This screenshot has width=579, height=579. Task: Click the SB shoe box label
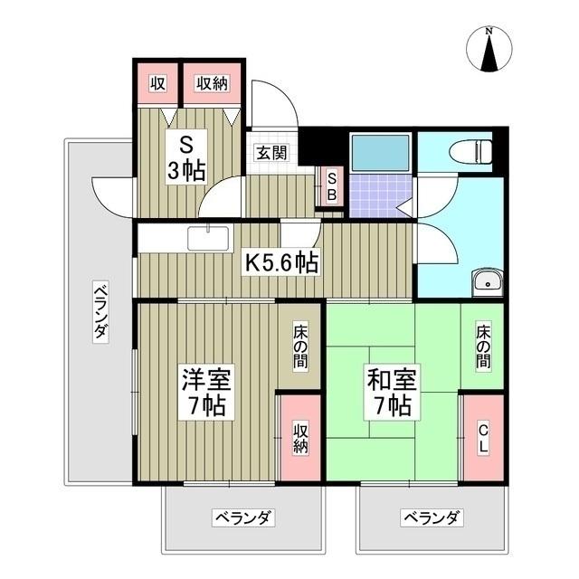tap(331, 186)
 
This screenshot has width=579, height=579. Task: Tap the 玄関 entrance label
tap(271, 153)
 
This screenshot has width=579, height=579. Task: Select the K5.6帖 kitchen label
tap(283, 262)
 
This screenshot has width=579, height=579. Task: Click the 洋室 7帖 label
tap(205, 390)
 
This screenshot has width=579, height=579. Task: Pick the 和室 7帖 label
tap(393, 391)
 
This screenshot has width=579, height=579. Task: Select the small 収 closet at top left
tap(157, 84)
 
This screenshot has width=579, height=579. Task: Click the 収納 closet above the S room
tap(213, 84)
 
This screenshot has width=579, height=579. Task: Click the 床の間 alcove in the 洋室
tap(299, 345)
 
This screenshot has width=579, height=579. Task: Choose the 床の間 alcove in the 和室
tap(483, 345)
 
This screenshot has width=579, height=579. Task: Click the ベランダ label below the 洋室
tap(243, 518)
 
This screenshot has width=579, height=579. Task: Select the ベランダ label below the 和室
tap(432, 518)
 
